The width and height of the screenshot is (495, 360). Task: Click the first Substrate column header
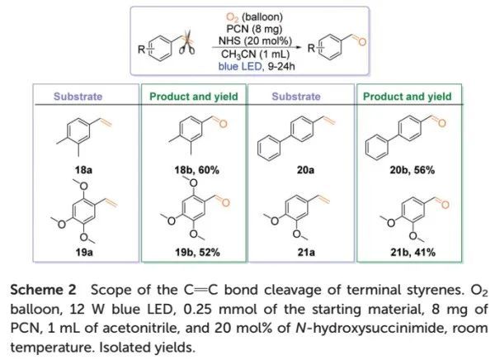pos(78,97)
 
